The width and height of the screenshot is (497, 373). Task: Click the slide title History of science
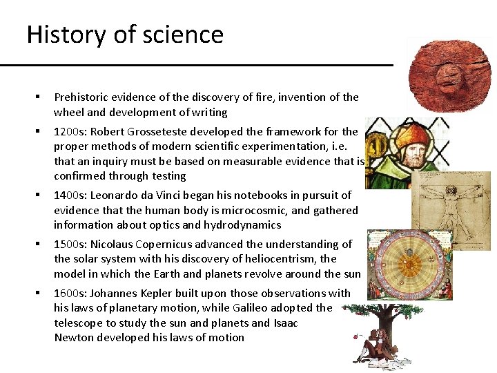pyautogui.click(x=125, y=35)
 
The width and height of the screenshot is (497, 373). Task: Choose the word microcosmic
pyautogui.click(x=229, y=210)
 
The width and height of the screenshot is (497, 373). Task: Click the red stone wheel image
pyautogui.click(x=449, y=75)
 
